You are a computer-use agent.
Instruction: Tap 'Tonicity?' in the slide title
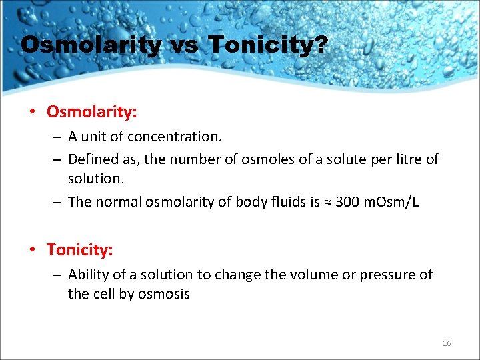pyautogui.click(x=268, y=45)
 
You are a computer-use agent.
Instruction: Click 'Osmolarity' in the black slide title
pyautogui.click(x=91, y=45)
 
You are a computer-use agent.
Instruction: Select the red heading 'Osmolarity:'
pyautogui.click(x=92, y=111)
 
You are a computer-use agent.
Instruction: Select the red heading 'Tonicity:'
pyautogui.click(x=80, y=250)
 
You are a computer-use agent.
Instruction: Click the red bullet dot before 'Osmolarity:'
pyautogui.click(x=33, y=111)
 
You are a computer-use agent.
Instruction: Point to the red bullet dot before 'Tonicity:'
pyautogui.click(x=33, y=250)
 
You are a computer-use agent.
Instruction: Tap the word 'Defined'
pyautogui.click(x=91, y=159)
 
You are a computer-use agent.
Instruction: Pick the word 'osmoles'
pyautogui.click(x=283, y=159)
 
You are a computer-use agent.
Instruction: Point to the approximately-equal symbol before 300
pyautogui.click(x=327, y=203)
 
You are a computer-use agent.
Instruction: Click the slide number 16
pyautogui.click(x=447, y=343)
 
